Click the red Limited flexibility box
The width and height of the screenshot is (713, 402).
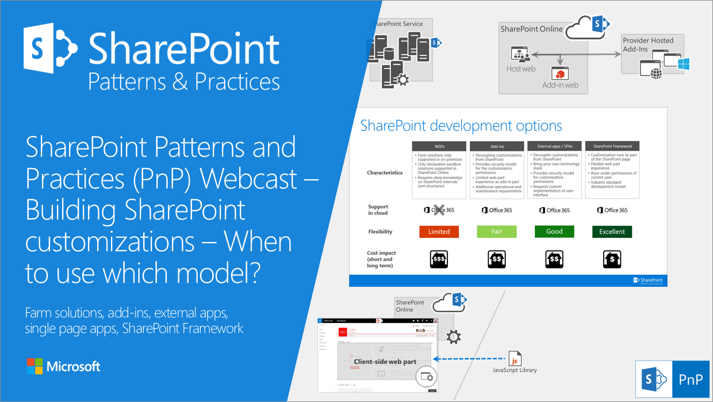point(439,232)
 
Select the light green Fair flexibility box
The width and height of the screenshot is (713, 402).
point(497,232)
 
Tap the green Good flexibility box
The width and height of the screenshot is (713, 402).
point(554,232)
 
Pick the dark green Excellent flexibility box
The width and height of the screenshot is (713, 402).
point(612,232)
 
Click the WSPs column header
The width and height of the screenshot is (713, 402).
point(439,146)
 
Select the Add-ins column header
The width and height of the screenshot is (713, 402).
point(497,146)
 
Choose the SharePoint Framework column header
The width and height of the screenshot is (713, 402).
point(612,146)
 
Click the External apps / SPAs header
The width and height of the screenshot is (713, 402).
point(554,146)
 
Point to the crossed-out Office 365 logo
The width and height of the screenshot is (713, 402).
point(439,210)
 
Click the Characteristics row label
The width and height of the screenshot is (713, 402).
point(385,173)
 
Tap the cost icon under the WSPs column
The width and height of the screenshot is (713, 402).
point(439,260)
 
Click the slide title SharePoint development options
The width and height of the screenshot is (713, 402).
point(461,126)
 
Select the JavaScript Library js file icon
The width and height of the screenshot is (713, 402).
point(515,358)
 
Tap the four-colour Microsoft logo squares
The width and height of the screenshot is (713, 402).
point(34,366)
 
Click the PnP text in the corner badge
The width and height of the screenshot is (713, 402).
point(690,380)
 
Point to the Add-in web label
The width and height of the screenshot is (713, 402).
point(560,85)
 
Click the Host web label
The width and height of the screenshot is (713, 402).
point(520,69)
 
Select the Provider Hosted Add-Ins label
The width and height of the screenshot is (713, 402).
point(648,44)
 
